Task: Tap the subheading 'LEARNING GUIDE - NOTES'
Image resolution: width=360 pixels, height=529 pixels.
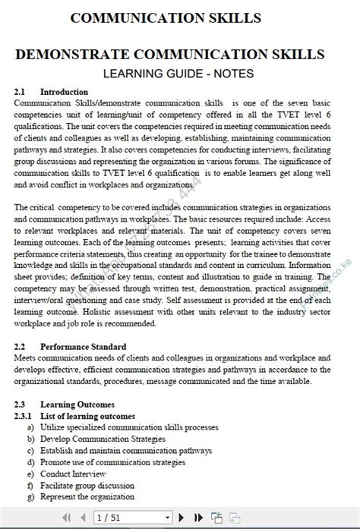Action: pyautogui.click(x=178, y=73)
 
